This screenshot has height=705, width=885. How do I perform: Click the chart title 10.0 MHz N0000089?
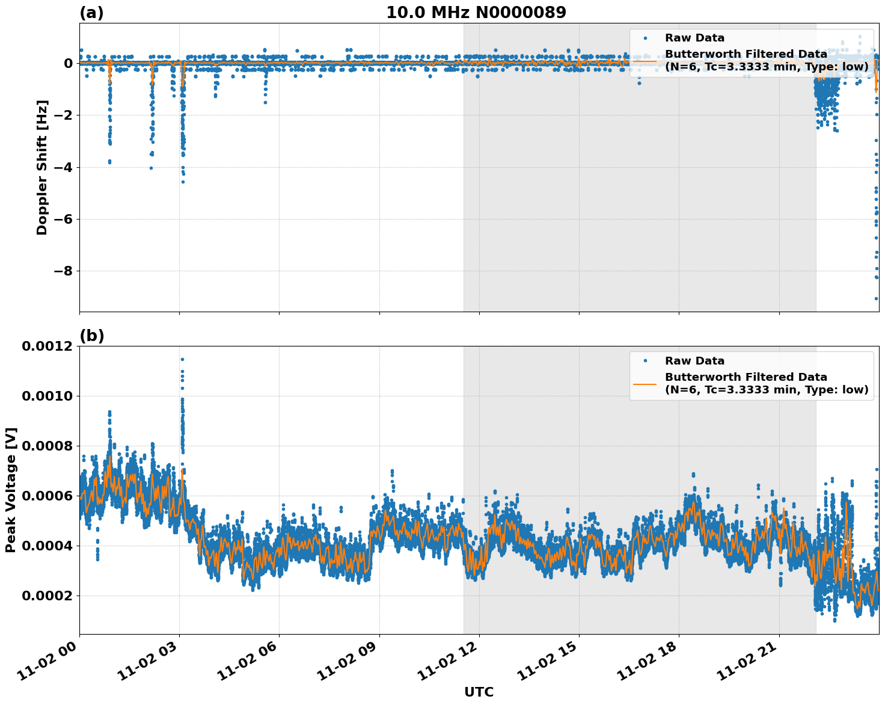coord(476,13)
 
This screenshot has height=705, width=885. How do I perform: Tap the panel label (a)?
coord(91,13)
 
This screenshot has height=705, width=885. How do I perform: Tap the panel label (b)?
coord(91,336)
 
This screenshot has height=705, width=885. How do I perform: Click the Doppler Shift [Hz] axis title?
coord(42,167)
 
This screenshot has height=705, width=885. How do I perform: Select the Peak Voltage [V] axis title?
coord(11,490)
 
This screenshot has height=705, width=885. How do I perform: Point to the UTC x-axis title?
coord(479,692)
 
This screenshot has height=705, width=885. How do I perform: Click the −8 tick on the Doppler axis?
coord(63,271)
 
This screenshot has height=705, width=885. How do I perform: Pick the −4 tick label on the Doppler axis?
coord(63,167)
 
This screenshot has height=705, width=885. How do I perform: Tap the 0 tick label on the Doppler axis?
coord(68,63)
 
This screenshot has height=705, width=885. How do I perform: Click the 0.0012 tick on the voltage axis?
coord(47,346)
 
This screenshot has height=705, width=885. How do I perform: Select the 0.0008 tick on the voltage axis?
coord(47,446)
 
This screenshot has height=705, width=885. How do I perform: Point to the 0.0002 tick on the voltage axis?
coord(47,596)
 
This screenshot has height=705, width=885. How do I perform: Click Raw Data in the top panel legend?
coord(694,38)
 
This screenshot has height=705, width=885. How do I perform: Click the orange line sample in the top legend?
coord(645,60)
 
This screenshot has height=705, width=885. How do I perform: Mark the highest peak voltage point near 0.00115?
coord(182,359)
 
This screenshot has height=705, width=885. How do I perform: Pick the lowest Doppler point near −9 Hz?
coord(877,298)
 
